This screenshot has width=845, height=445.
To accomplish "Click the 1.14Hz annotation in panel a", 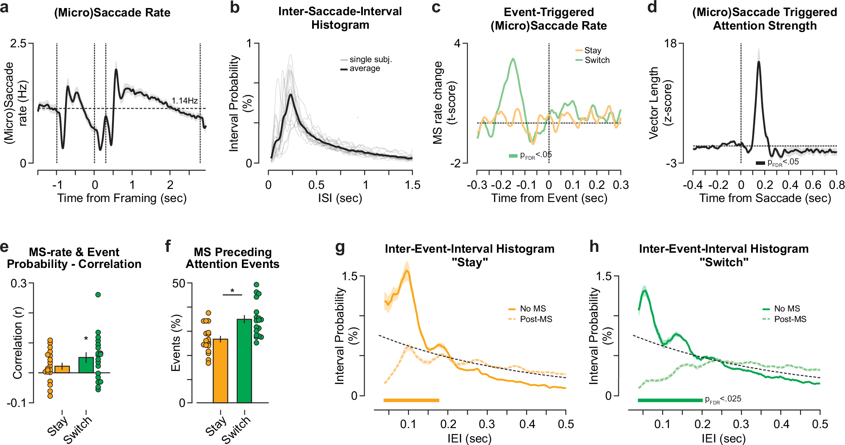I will tap(184, 101).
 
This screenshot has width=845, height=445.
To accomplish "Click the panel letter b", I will tap(235, 8).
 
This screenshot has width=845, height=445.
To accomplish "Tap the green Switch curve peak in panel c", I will tap(513, 60).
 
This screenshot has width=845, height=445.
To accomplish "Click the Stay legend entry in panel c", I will tap(592, 50).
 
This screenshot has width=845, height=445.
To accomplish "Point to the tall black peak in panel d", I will tap(759, 63).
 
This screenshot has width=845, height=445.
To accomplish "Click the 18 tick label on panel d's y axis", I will tap(670, 44).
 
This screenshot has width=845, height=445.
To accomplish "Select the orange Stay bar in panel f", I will tap(220, 371).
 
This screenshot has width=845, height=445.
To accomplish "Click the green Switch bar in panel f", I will tap(244, 360).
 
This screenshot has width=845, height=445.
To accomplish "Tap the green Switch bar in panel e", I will tap(86, 365).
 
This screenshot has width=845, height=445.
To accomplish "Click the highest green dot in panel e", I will tap(98, 295).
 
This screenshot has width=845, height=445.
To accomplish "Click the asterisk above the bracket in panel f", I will tap(232, 291).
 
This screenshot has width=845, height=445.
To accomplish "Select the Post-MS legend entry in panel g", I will tap(535, 319).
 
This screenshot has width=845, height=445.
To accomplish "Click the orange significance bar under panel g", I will tap(411, 400).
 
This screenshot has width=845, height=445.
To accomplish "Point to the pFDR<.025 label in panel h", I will tap(723, 399).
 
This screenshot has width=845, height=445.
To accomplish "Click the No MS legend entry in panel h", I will tap(787, 309).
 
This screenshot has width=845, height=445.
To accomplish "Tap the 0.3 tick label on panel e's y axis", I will tap(19, 283).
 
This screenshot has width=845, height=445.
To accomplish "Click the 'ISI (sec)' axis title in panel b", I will tap(340, 198).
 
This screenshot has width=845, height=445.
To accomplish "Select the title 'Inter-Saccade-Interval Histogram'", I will tap(340, 18).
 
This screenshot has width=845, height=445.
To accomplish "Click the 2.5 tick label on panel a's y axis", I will tap(18, 44).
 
